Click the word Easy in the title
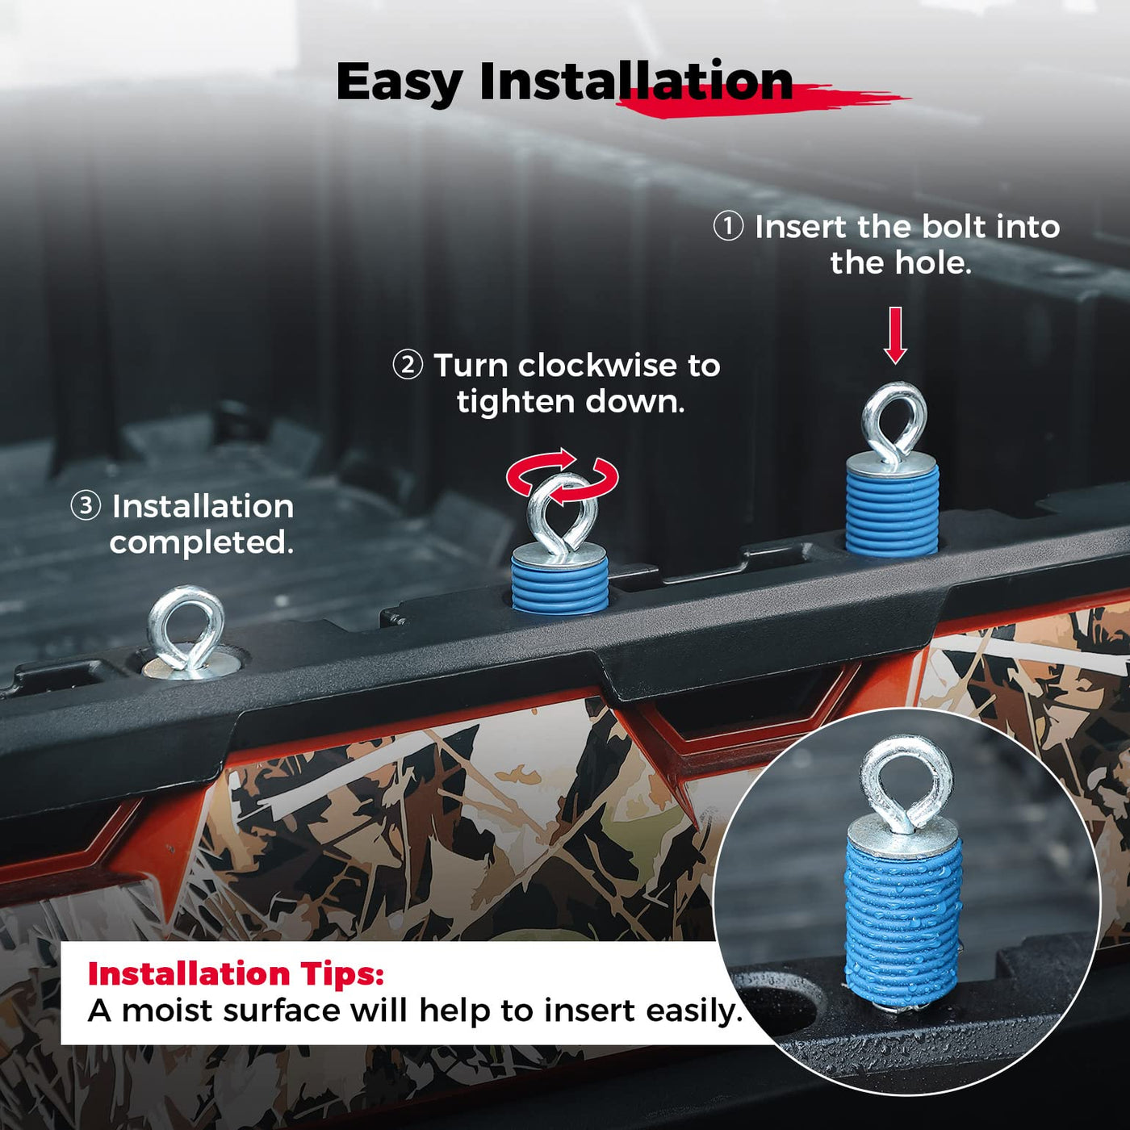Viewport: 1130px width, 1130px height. coord(400,83)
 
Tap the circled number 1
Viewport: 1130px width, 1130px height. coord(728,227)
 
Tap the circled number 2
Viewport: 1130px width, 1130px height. coord(408,366)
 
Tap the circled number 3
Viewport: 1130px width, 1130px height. coord(86,505)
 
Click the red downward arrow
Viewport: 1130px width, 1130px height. coord(895,335)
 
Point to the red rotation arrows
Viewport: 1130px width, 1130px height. coord(562,476)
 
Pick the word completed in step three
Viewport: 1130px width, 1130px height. coord(200,543)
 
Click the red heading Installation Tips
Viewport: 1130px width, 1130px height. coord(236,974)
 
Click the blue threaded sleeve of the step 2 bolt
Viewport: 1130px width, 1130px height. coord(559,584)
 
